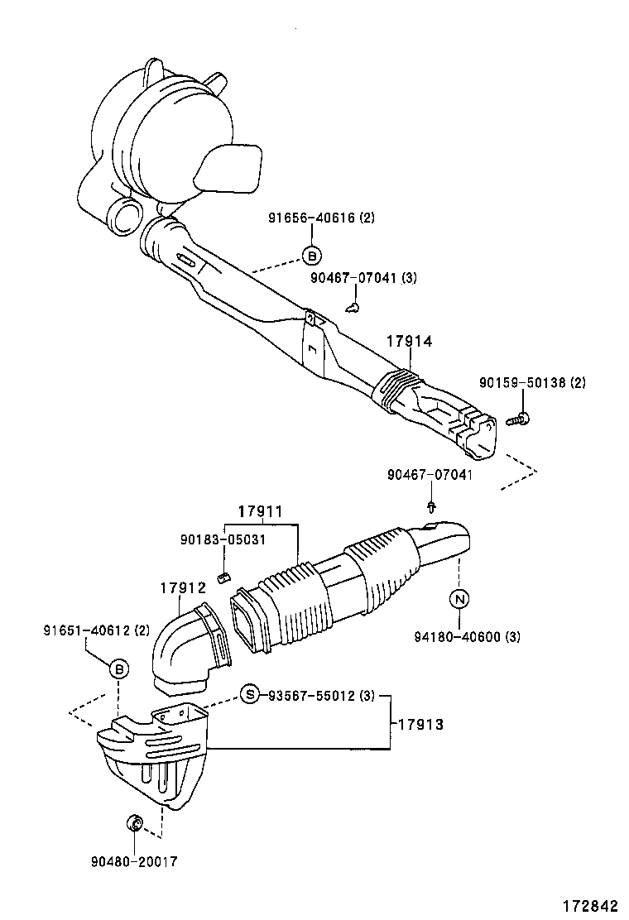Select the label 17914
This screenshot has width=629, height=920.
pos(408,340)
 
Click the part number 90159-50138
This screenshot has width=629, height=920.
pos(521,382)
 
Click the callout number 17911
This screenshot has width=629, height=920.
pos(261,512)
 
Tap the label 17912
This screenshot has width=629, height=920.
pos(182,588)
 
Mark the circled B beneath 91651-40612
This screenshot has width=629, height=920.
pos(119,668)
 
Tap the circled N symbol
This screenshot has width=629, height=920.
pos(459,597)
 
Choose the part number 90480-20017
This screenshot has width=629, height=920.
pos(134,861)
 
